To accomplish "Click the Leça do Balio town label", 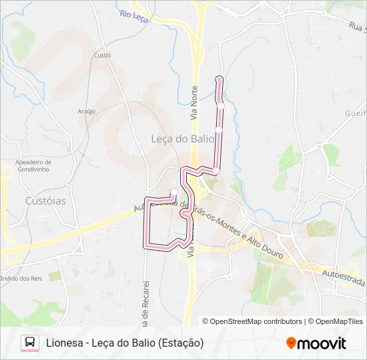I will tap(177, 139).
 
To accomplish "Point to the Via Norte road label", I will tap(195, 103).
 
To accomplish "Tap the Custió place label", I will tap(102, 56).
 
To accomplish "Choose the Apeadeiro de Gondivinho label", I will tap(33, 165).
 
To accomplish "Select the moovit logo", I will tap(316, 343).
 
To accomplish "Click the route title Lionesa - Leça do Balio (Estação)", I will tap(125, 343).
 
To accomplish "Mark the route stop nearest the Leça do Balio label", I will tap(219, 129).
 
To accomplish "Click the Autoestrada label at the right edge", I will tap(342, 277).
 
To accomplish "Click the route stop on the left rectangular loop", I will tap(174, 192).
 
